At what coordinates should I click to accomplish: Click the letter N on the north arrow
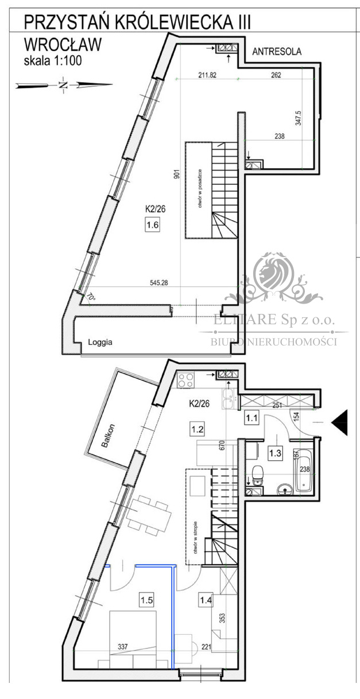coord(63,86)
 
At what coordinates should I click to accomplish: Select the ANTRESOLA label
coord(277,52)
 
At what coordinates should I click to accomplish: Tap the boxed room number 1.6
coord(152,225)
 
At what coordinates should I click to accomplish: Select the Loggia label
coord(100,342)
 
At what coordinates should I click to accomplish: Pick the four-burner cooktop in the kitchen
coord(185,379)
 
